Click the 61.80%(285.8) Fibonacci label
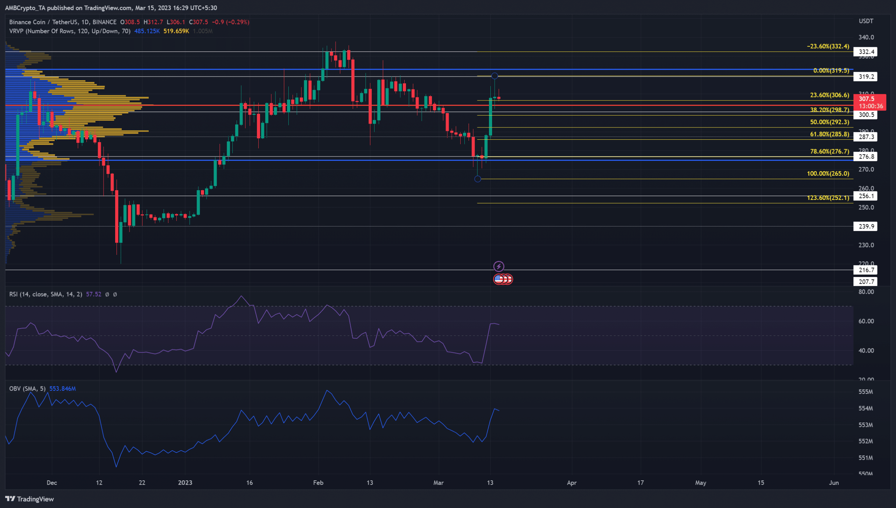[x=829, y=134]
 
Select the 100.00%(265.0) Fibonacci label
[x=828, y=174]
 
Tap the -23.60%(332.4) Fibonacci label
[x=828, y=46]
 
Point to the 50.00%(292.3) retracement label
[x=829, y=122]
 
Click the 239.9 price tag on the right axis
[x=866, y=227]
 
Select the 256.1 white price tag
[x=866, y=196]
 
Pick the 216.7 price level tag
[x=866, y=270]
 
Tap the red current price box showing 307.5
[x=870, y=102]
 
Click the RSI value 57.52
[x=93, y=294]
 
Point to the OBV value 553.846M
[x=62, y=389]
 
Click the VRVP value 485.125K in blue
[x=147, y=31]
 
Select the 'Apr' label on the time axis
[x=572, y=483]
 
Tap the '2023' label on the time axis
[x=185, y=483]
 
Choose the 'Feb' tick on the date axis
[x=318, y=483]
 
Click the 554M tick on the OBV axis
[x=866, y=408]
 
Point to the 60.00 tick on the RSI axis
[x=866, y=321]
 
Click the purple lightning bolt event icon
[x=499, y=266]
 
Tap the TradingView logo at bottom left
[x=29, y=499]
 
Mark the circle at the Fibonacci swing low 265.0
[x=478, y=179]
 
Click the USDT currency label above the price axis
[x=866, y=21]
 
